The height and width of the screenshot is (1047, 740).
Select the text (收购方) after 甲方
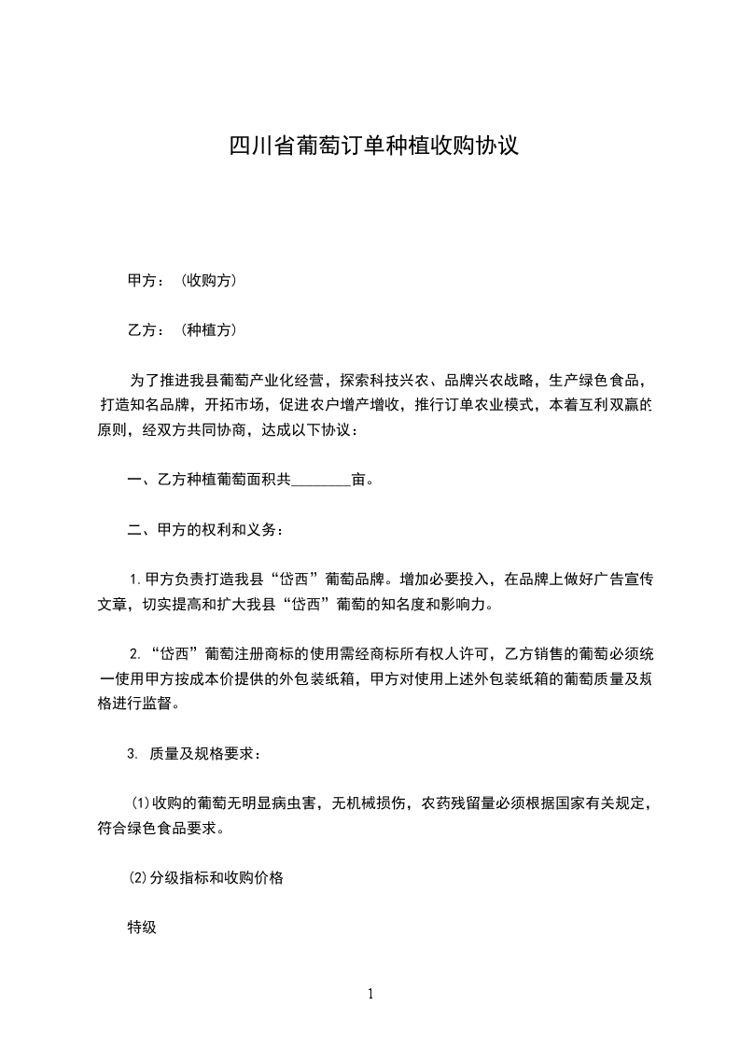pyautogui.click(x=204, y=280)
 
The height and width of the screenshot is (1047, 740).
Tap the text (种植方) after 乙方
pyautogui.click(x=204, y=329)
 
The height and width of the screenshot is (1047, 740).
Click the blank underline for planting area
pyautogui.click(x=321, y=482)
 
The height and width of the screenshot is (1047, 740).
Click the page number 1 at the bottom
pyautogui.click(x=370, y=994)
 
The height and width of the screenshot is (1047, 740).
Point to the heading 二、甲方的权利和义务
pyautogui.click(x=204, y=531)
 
